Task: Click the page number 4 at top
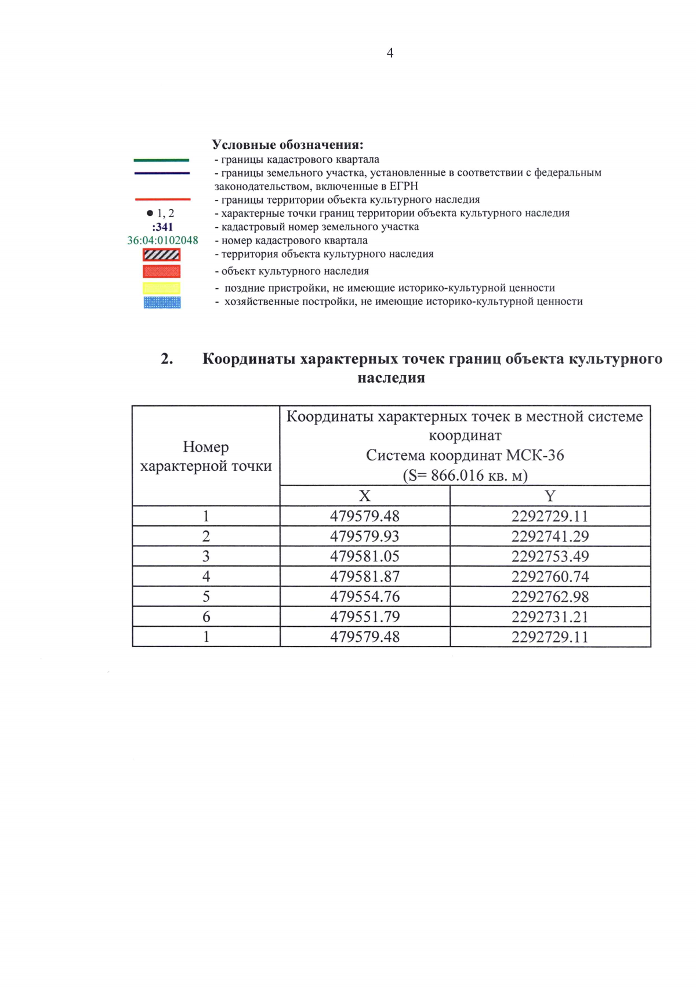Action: click(390, 53)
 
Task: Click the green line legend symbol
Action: click(161, 160)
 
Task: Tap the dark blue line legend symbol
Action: click(161, 173)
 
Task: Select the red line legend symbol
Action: click(162, 199)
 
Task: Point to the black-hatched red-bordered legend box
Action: click(162, 255)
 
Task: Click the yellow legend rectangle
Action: click(162, 288)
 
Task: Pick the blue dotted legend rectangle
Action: click(162, 302)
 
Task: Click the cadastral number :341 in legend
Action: click(162, 227)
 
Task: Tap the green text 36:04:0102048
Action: click(162, 241)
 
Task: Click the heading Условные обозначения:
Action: click(287, 145)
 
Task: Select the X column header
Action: click(364, 496)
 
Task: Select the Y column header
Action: click(550, 496)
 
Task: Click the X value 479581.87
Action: click(364, 576)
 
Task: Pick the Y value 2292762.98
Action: click(550, 597)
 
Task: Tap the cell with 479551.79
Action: click(364, 617)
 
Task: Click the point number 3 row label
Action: click(206, 557)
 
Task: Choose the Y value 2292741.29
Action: click(550, 536)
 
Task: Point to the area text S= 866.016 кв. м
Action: click(465, 476)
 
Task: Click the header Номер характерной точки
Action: click(206, 456)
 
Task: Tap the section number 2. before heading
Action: click(167, 359)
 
